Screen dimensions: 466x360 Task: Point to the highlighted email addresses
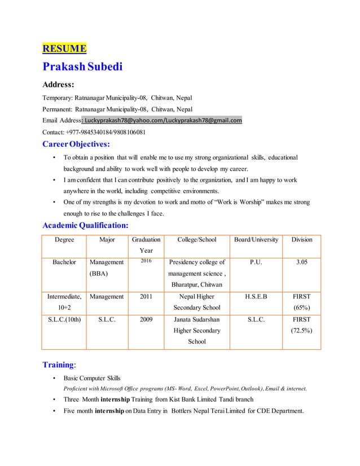click(163, 120)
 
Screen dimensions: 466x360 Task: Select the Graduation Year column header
click(145, 245)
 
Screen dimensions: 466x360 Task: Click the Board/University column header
click(256, 240)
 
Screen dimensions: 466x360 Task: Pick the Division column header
click(301, 240)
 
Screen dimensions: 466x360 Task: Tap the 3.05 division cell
click(301, 262)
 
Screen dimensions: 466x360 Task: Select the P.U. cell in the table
click(256, 262)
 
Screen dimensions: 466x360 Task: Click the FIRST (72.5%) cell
click(301, 324)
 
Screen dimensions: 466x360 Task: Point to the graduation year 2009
click(145, 319)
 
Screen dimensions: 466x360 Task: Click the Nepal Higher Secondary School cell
click(196, 301)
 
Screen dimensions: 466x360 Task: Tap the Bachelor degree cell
click(64, 262)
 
